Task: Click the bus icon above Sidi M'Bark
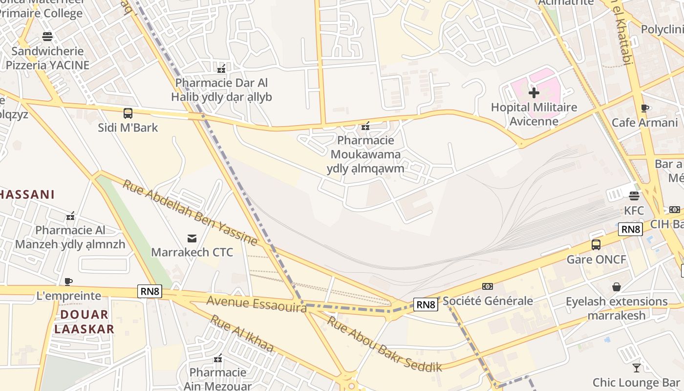click(128, 113)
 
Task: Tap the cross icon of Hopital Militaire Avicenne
click(534, 92)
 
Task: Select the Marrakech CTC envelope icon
click(192, 239)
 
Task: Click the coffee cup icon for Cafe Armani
click(645, 108)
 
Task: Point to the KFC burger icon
click(634, 196)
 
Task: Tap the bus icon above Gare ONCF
click(596, 245)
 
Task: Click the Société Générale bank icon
click(488, 286)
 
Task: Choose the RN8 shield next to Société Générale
click(426, 305)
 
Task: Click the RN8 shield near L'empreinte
click(150, 292)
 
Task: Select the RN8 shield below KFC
click(630, 229)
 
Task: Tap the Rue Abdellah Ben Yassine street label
click(190, 213)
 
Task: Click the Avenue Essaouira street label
click(256, 304)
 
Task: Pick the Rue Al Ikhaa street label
click(241, 334)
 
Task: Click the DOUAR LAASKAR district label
click(84, 322)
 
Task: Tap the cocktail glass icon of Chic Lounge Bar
click(636, 368)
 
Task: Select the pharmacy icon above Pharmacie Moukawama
click(365, 127)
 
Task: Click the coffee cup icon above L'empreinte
click(68, 282)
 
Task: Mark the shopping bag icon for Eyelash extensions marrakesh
click(617, 287)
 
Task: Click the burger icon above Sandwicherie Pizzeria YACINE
click(47, 37)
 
